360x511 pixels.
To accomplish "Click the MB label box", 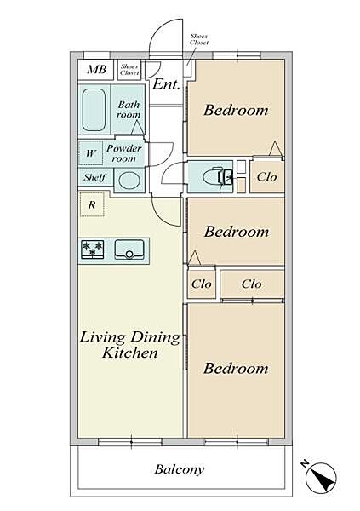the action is [96, 70].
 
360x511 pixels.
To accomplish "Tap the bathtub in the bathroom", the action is [94, 110].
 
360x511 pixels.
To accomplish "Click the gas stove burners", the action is [93, 250].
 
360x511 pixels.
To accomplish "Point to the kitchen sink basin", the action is [129, 250].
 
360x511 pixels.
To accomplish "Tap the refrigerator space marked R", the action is [92, 204].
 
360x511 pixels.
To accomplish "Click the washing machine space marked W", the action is [90, 153].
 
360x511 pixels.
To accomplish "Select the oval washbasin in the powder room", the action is [129, 181].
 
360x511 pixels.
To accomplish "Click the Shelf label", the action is [94, 177].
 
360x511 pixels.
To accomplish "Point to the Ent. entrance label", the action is [166, 84].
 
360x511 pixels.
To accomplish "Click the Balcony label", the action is [180, 469].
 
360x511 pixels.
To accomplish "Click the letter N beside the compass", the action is [305, 463].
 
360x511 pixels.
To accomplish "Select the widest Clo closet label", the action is [252, 284].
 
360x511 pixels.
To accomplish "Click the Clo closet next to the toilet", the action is [267, 176].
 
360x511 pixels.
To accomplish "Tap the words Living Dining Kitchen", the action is [130, 345].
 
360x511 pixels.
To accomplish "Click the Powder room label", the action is [123, 153].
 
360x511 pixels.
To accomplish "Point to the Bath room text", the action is [129, 110].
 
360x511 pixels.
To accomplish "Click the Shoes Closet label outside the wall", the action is [199, 39].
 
